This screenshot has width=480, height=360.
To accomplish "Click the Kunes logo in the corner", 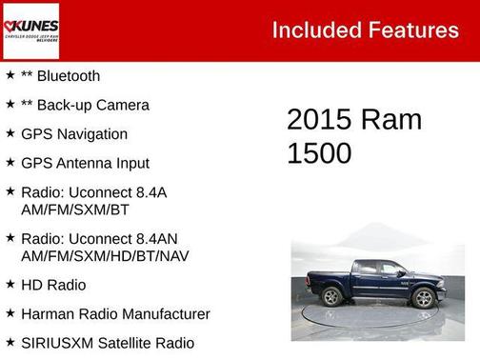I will click(x=30, y=30).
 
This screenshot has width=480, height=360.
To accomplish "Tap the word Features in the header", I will click(x=414, y=30).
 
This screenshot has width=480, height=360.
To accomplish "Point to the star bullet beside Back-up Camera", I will click(x=10, y=105).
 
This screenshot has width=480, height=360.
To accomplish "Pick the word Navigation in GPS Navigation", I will click(x=91, y=134).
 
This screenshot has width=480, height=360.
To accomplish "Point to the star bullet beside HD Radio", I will click(x=10, y=284).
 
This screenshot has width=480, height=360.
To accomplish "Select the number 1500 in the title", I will click(x=319, y=153).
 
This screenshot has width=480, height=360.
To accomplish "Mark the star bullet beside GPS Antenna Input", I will click(x=10, y=163).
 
